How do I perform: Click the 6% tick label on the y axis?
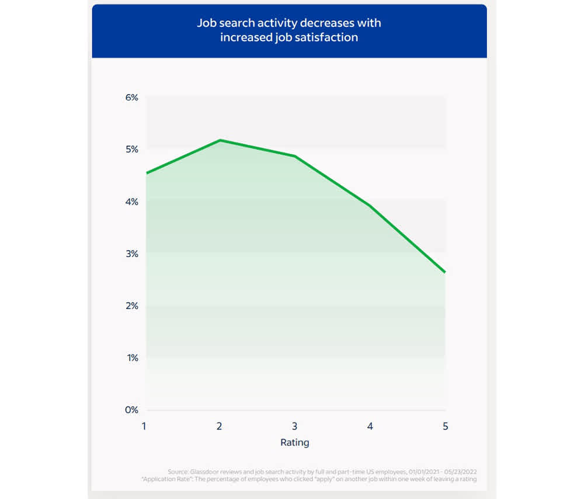(131, 98)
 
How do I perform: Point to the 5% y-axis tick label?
(131, 150)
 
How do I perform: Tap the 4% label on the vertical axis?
(131, 202)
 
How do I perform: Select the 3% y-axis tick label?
(131, 254)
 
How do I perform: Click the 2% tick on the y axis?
(131, 306)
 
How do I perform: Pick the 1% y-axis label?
(131, 358)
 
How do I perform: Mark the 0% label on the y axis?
(131, 410)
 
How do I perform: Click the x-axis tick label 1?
(144, 426)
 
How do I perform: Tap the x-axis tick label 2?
(220, 426)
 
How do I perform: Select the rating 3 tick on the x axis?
(295, 426)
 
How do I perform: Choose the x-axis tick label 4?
(370, 426)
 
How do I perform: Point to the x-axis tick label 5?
(446, 426)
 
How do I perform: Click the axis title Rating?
(295, 442)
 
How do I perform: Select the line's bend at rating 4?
(370, 206)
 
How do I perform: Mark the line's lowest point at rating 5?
(445, 272)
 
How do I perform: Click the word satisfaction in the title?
(330, 37)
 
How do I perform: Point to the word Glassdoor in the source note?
(204, 471)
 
